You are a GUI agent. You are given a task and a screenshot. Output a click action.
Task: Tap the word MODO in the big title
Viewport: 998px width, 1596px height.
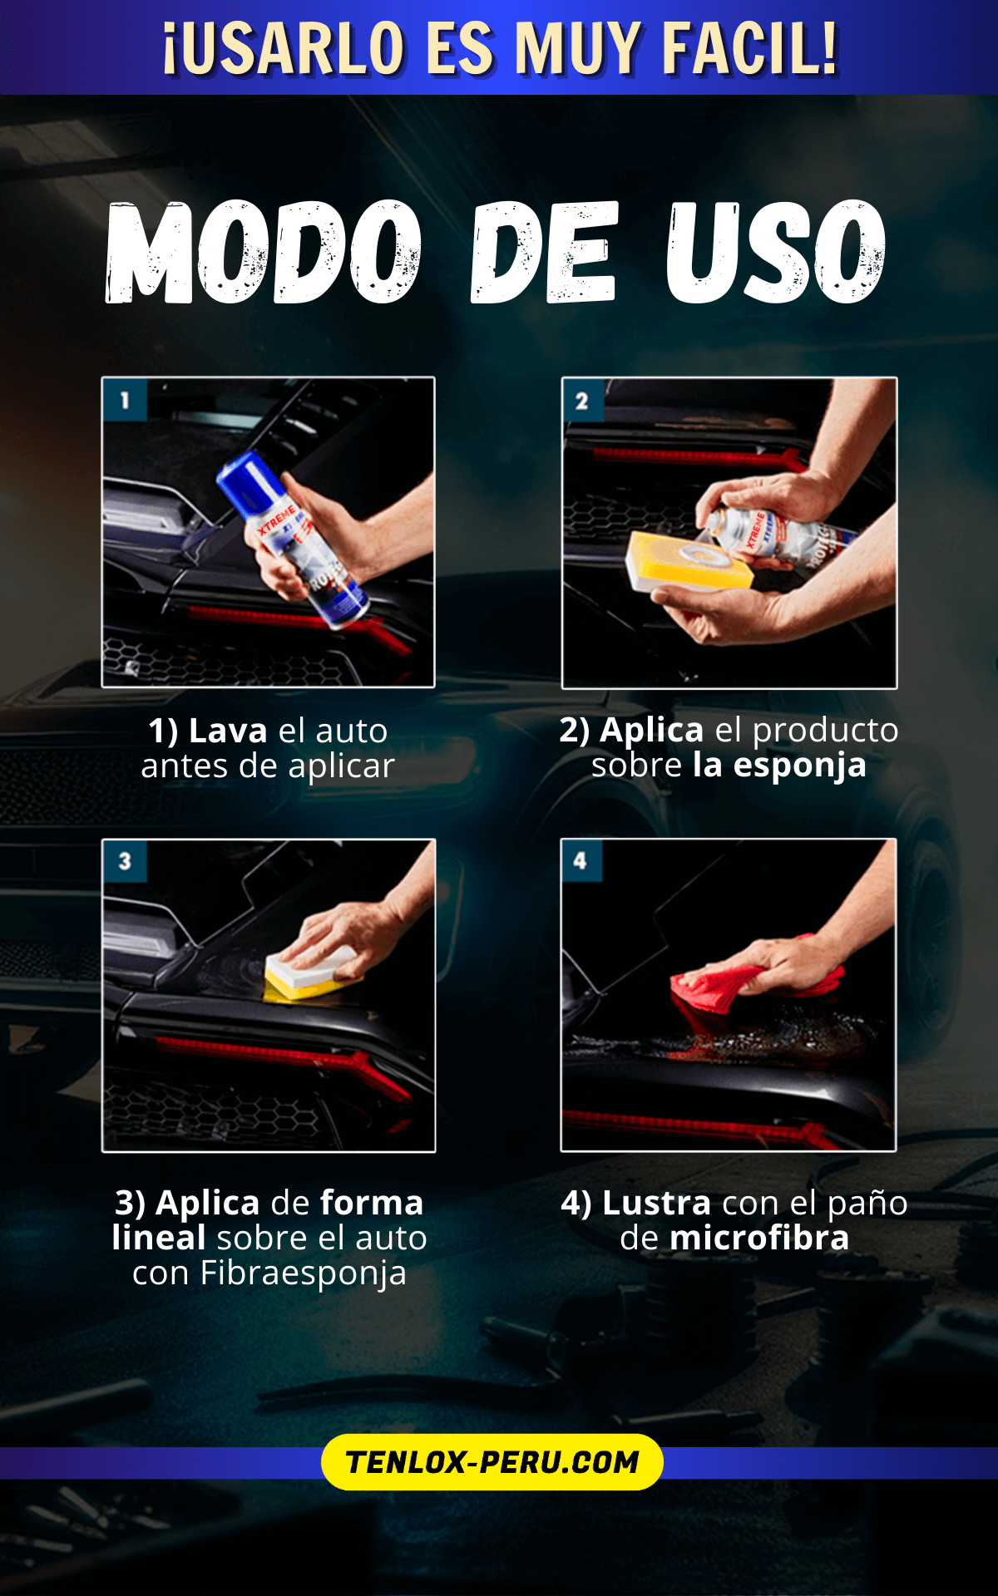point(264,251)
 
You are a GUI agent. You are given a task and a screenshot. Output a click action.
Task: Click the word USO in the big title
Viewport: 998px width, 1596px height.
point(776,251)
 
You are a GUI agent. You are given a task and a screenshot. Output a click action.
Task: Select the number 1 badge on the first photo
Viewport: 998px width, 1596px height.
point(125,400)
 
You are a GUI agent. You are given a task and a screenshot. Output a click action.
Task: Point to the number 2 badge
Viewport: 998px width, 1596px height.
point(582,401)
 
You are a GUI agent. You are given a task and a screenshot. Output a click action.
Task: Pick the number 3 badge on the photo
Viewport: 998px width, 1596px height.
point(125,861)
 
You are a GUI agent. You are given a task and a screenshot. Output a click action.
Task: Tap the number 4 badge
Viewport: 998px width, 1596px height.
point(581,860)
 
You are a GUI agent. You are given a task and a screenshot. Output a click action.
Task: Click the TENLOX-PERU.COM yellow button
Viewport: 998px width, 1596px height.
point(492,1461)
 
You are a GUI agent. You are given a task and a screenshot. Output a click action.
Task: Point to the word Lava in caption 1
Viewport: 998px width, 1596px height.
point(228,731)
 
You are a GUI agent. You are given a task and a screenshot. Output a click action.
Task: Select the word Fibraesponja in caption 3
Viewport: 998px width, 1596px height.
point(303,1273)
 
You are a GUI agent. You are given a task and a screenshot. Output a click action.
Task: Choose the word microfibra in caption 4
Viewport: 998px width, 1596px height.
point(759,1238)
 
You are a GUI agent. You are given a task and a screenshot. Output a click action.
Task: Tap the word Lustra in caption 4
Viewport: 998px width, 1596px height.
point(656,1203)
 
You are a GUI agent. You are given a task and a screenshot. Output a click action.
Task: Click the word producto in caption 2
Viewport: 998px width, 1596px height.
point(825,731)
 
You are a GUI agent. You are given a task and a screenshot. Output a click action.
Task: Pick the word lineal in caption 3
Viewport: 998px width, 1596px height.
point(159,1238)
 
